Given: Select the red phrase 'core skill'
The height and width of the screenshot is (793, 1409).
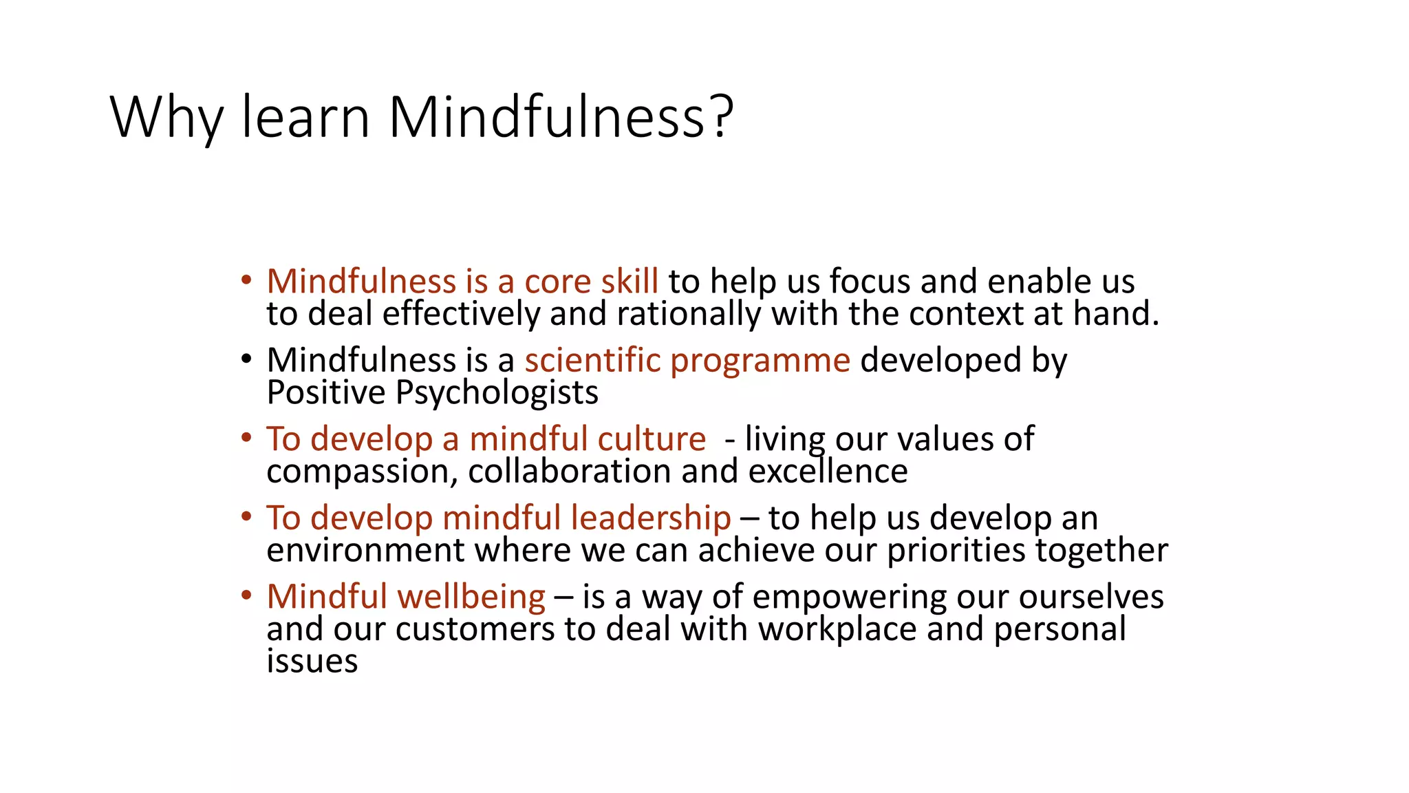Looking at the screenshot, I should pos(591,282).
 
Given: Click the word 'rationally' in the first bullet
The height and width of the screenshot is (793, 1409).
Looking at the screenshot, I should pos(689,314).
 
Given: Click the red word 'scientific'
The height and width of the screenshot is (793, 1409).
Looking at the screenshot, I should pos(592,360).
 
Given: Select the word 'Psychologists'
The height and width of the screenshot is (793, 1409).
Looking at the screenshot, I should pos(497,393).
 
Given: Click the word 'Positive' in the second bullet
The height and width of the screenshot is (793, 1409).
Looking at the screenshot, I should pos(326,392).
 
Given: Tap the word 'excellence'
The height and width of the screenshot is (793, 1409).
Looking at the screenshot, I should pos(828,472).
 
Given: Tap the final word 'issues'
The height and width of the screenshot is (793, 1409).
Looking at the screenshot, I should pos(312,661).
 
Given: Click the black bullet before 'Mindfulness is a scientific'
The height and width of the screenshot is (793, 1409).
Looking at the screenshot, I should pos(246,359).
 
